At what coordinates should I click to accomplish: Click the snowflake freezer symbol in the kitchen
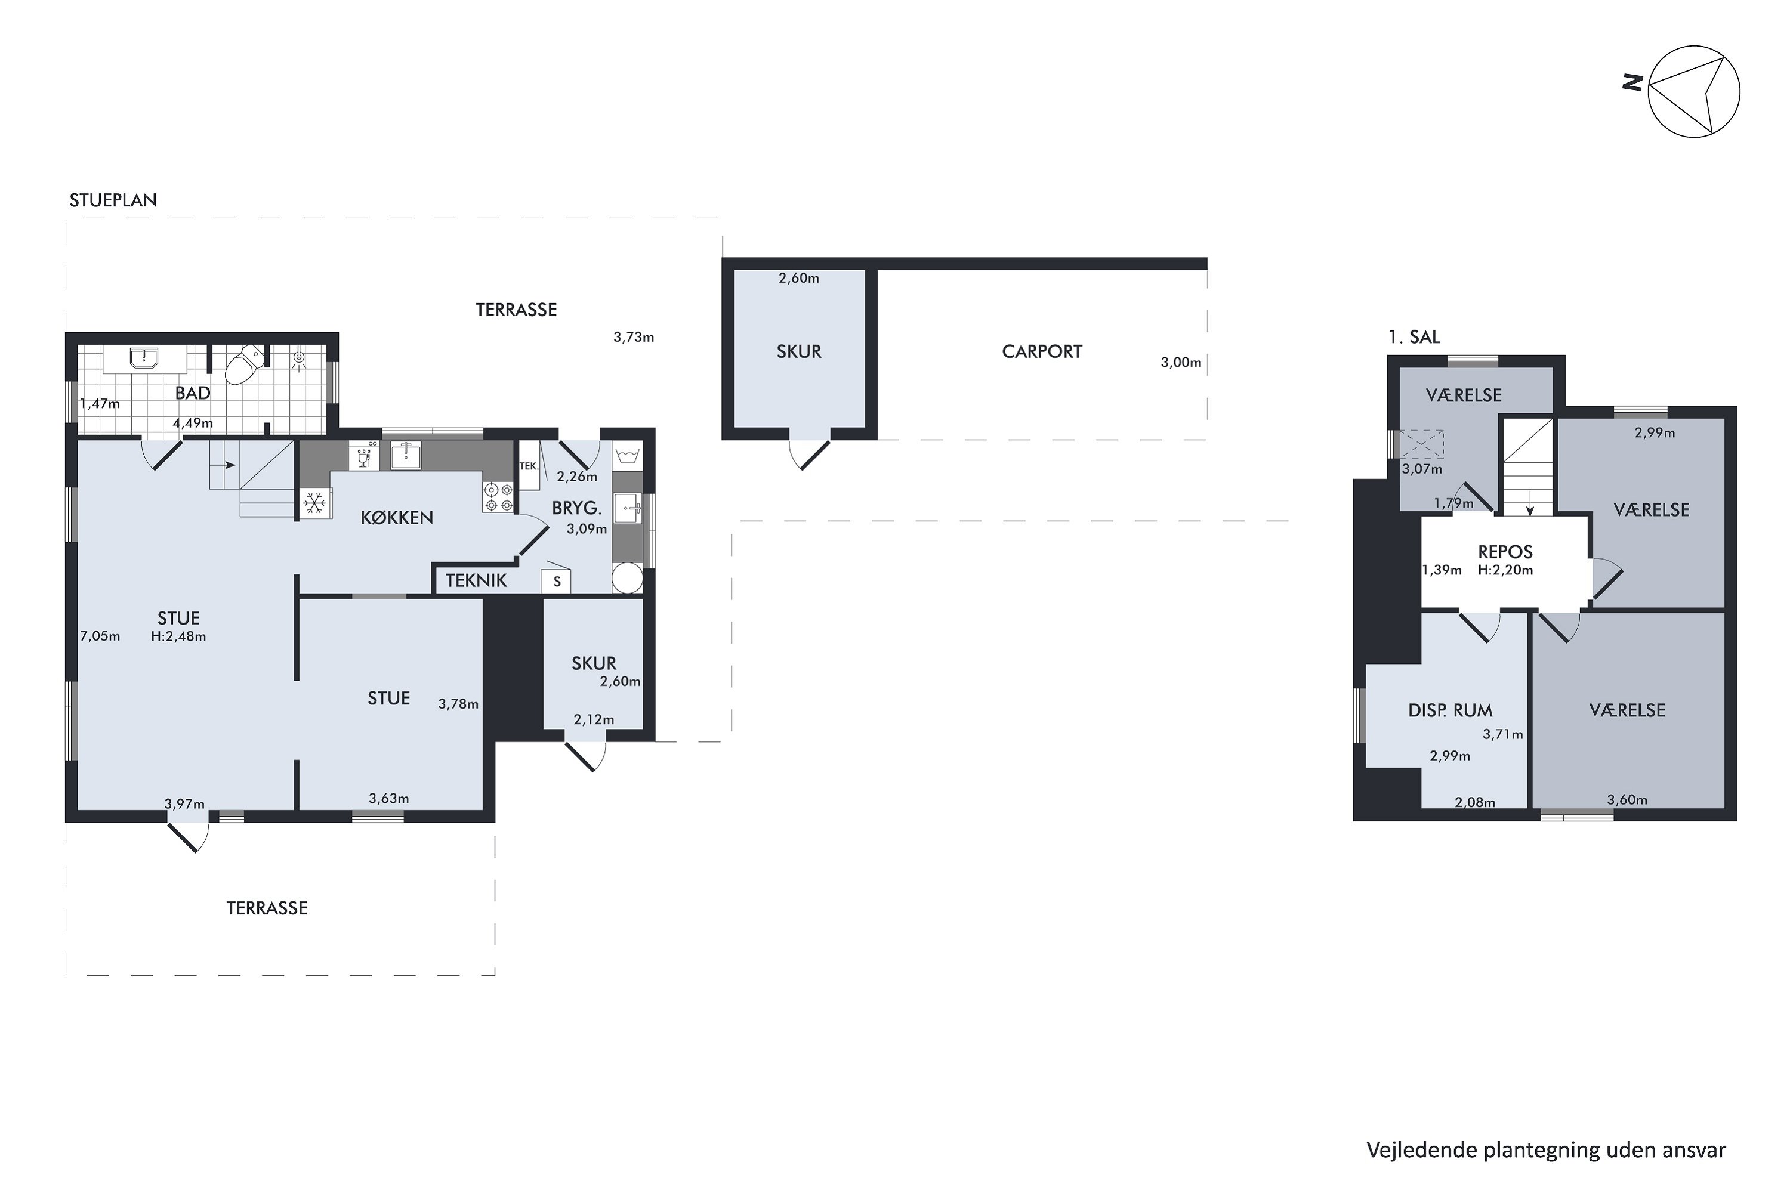315,503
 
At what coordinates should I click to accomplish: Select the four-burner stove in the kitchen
498,497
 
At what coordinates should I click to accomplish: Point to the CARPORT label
1041,351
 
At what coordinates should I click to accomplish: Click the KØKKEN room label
397,518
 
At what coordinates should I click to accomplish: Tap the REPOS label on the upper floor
1505,552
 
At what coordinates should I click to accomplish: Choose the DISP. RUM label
1450,710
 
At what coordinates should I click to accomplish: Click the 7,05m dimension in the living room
100,636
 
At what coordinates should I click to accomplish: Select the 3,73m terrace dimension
633,337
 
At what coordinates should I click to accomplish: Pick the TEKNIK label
476,580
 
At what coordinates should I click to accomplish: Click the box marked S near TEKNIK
556,581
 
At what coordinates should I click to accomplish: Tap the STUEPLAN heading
113,200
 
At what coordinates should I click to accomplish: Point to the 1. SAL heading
1414,337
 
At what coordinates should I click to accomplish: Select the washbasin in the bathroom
144,358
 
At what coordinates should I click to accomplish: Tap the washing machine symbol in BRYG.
628,456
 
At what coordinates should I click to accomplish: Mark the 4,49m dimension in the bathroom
193,423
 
